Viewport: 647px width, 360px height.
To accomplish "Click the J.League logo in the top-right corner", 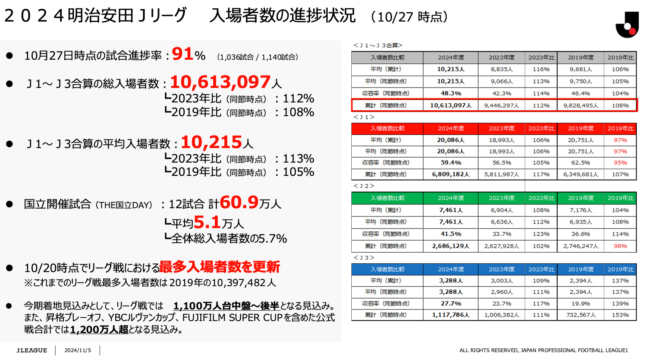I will click(627, 25).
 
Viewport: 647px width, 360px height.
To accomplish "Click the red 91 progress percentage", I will click(183, 54).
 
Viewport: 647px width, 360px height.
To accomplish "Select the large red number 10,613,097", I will click(220, 82).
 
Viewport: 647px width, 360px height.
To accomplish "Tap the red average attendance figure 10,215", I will click(211, 142).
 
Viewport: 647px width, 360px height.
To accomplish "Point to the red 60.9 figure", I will click(239, 202).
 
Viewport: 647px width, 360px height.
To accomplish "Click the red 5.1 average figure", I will click(207, 222).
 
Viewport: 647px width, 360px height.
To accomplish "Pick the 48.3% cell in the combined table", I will click(451, 93).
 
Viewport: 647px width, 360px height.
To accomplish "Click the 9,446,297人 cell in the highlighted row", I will click(501, 105).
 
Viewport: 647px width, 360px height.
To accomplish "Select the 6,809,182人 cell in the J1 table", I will click(451, 174).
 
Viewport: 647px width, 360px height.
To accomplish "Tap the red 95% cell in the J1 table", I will click(620, 163).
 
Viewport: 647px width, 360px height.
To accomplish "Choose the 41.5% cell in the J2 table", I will click(451, 234).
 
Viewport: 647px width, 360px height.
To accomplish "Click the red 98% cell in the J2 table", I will click(620, 246).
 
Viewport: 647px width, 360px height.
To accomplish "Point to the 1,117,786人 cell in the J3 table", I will click(451, 315).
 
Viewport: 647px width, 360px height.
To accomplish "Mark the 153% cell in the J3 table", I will click(620, 315).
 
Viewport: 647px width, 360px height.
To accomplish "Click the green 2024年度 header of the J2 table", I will click(451, 198).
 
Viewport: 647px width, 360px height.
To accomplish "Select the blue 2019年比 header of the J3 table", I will click(620, 269).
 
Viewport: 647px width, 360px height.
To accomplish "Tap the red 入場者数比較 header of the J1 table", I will click(387, 129).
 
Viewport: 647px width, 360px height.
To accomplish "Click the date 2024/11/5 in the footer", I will click(78, 350).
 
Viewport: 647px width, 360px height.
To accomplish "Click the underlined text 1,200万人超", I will click(99, 330).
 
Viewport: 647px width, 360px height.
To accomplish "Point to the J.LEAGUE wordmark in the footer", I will click(32, 350).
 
